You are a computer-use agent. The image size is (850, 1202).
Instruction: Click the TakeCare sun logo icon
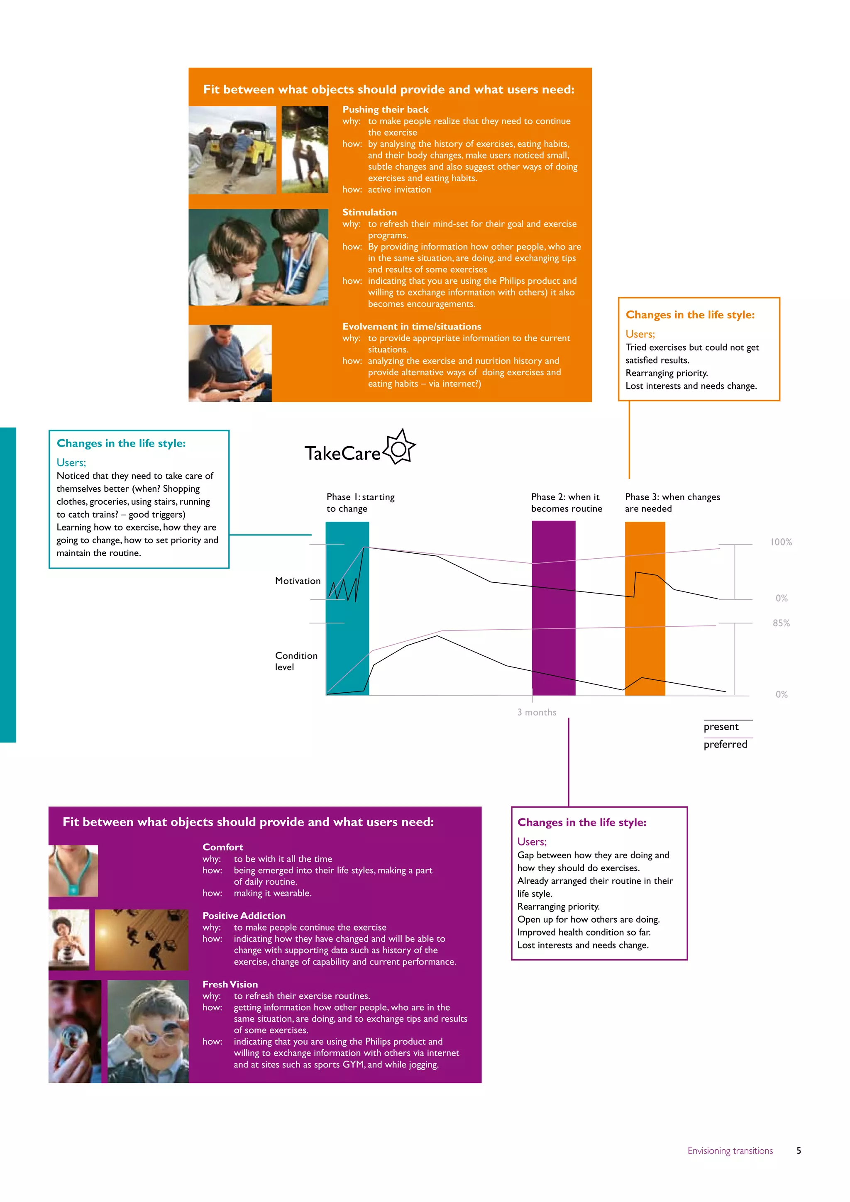[x=400, y=447]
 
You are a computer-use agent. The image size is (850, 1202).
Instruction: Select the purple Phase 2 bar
[x=553, y=607]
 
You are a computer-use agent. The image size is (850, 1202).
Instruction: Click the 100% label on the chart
[x=781, y=542]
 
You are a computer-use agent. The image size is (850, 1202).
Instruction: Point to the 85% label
[x=781, y=623]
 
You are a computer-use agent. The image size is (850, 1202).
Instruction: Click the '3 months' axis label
[x=537, y=713]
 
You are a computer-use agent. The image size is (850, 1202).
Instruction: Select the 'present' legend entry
[x=721, y=727]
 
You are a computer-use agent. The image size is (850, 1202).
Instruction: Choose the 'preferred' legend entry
[x=725, y=745]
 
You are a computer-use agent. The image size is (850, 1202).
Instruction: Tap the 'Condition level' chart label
[x=296, y=661]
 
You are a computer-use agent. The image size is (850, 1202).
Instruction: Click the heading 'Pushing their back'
[x=385, y=110]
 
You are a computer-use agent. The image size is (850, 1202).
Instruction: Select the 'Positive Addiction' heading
[x=244, y=916]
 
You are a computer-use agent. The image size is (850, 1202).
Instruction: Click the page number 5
[x=799, y=1151]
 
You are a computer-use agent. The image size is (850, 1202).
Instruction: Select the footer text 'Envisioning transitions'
[x=730, y=1151]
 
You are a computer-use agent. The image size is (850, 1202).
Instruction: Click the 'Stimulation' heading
[x=369, y=212]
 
